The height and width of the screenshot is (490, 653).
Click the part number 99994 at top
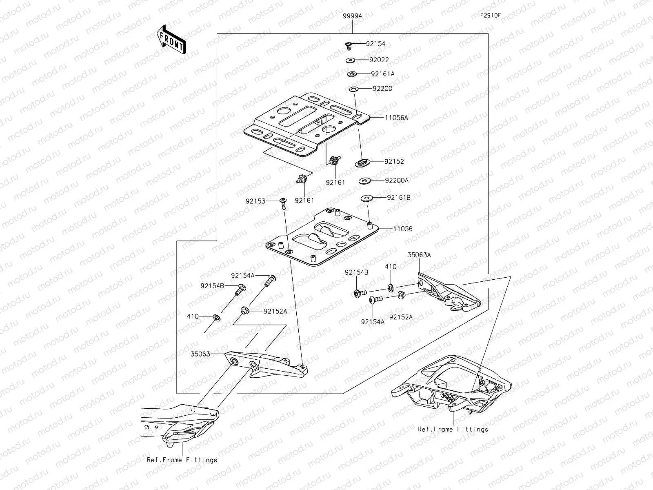pyautogui.click(x=352, y=16)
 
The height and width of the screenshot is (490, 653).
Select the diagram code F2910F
pyautogui.click(x=490, y=16)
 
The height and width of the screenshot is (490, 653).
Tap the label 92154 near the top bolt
pyautogui.click(x=375, y=44)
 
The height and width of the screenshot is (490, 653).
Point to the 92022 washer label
pyautogui.click(x=379, y=60)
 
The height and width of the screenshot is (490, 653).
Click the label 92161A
pyautogui.click(x=382, y=74)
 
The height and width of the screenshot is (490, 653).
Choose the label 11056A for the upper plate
pyautogui.click(x=396, y=118)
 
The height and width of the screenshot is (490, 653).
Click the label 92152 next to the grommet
pyautogui.click(x=394, y=161)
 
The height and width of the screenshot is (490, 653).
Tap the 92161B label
pyautogui.click(x=398, y=198)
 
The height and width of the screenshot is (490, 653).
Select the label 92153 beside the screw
pyautogui.click(x=255, y=201)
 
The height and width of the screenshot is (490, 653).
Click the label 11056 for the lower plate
pyautogui.click(x=402, y=229)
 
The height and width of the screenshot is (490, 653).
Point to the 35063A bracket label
pyautogui.click(x=419, y=255)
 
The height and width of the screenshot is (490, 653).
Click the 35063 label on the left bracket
pyautogui.click(x=200, y=354)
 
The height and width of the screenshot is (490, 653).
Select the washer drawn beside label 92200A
pyautogui.click(x=364, y=180)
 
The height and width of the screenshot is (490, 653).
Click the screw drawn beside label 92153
pyautogui.click(x=283, y=203)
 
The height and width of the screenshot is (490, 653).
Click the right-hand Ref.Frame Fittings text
pyautogui.click(x=453, y=429)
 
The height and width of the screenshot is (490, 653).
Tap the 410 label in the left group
pyautogui.click(x=193, y=316)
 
